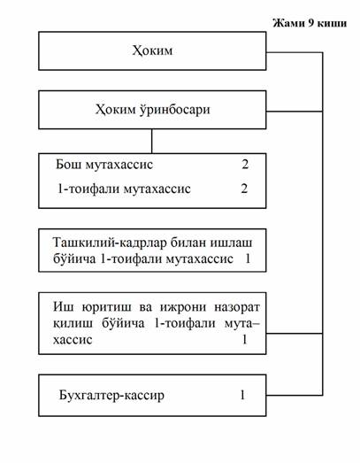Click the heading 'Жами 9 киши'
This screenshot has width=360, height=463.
point(310,23)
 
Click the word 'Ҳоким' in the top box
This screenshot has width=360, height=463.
point(152,50)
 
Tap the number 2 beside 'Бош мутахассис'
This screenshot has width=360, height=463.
point(245,164)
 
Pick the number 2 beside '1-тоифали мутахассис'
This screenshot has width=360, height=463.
point(244,189)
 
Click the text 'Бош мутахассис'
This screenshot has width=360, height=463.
point(104,164)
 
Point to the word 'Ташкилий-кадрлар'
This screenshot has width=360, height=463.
point(107,243)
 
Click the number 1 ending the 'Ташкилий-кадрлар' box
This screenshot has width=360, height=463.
point(248,259)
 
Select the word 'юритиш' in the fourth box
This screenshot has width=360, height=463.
point(107,307)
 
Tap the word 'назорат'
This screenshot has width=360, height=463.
point(237,307)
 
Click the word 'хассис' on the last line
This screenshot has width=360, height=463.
point(73,340)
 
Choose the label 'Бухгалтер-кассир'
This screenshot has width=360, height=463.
point(111,395)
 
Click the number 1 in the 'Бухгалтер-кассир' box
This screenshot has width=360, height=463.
point(242,395)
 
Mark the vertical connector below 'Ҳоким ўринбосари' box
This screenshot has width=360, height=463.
point(151,141)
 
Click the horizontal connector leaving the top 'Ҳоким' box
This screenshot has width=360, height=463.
point(295,52)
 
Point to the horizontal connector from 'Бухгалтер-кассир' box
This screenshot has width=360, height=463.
point(295,395)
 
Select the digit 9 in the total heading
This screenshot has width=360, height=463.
point(310,23)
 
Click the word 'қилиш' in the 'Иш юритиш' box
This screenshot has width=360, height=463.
point(73,324)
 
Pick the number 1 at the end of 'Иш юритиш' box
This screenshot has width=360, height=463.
point(245,340)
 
